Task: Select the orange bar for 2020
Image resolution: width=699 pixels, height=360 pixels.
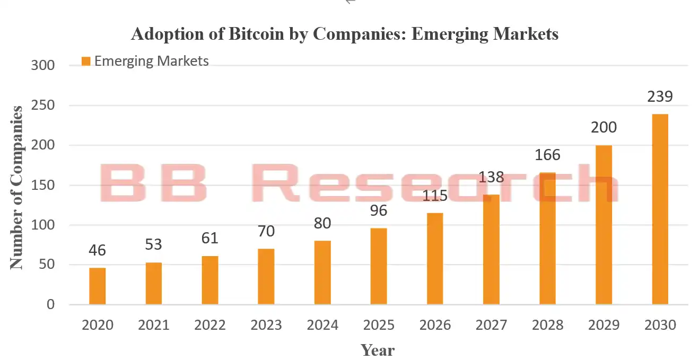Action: (97, 286)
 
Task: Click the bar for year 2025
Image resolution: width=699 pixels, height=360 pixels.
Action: (379, 267)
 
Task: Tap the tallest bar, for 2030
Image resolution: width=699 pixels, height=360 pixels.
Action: (660, 209)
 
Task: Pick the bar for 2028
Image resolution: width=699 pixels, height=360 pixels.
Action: (547, 239)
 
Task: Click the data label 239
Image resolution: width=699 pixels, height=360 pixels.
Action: (660, 97)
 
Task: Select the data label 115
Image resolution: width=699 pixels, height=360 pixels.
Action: (435, 196)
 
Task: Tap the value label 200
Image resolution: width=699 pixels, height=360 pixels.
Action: (604, 128)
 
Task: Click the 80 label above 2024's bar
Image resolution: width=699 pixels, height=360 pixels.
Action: (322, 223)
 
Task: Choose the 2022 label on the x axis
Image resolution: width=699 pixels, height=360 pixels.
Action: (210, 325)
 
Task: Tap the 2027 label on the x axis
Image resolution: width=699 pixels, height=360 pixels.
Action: (491, 325)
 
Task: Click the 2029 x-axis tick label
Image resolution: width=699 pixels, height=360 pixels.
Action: (604, 325)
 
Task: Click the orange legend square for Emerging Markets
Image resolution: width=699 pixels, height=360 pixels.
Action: (86, 62)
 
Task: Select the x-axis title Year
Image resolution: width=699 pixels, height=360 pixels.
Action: (378, 350)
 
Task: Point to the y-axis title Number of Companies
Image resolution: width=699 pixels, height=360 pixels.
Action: (17, 187)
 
